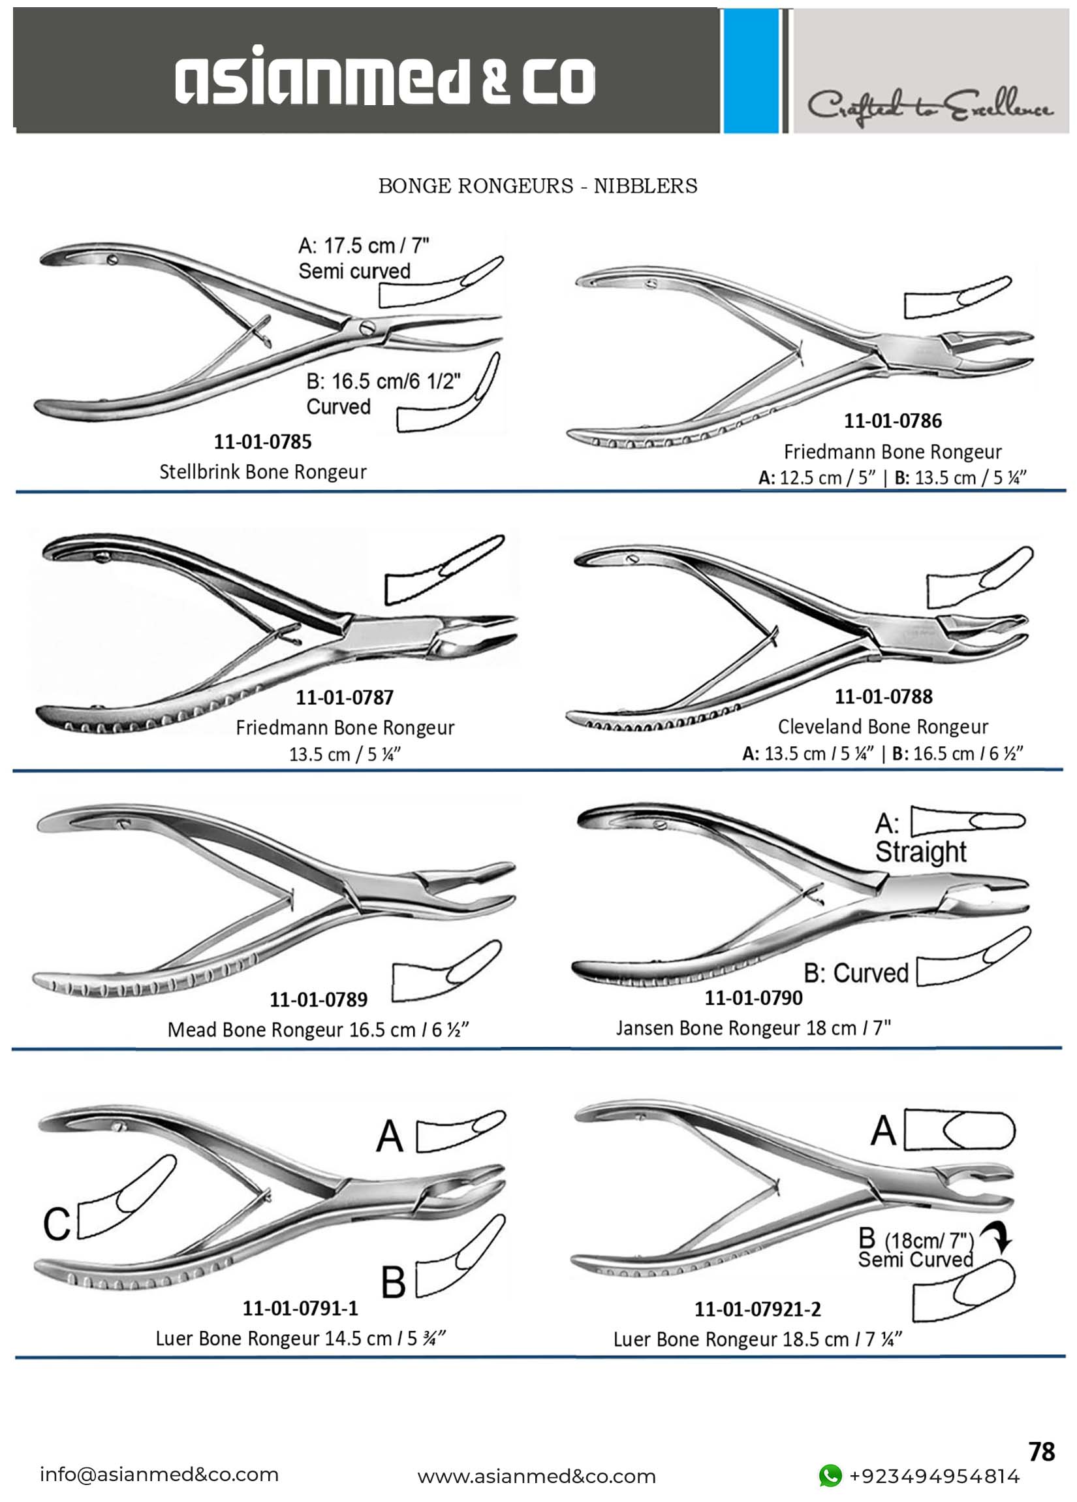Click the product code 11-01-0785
[262, 441]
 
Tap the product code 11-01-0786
[892, 421]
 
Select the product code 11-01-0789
[318, 999]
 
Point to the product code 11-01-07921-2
[757, 1309]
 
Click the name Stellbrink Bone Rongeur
[263, 472]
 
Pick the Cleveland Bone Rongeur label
[882, 726]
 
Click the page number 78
[1042, 1452]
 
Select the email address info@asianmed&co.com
[159, 1475]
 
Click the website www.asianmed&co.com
[537, 1477]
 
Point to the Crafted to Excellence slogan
[929, 106]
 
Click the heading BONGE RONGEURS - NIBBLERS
[537, 186]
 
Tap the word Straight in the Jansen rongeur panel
[920, 852]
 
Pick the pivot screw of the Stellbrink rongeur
[366, 326]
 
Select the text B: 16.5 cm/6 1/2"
[383, 382]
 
